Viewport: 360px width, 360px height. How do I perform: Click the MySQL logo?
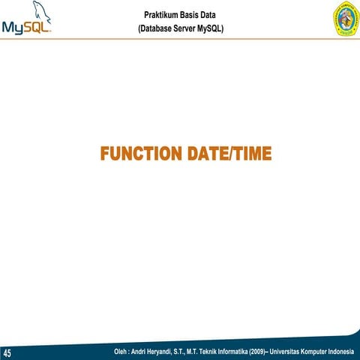click(28, 22)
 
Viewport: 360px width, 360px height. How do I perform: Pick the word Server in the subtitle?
click(188, 29)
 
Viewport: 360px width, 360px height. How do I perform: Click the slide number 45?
click(8, 353)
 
